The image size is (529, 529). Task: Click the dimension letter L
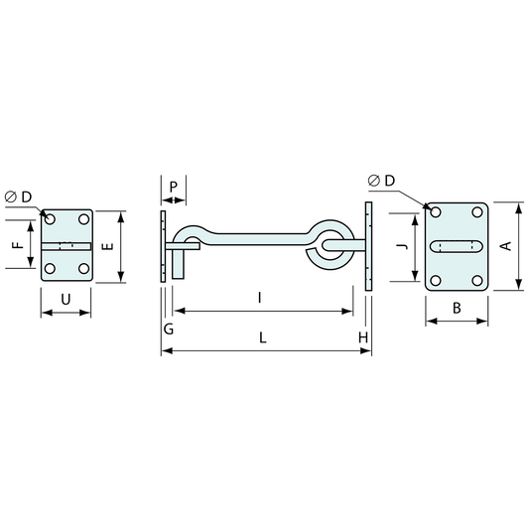(x=262, y=337)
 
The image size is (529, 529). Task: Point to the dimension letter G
(x=168, y=329)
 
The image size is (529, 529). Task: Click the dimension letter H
(x=364, y=337)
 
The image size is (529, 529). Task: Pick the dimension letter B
(x=457, y=309)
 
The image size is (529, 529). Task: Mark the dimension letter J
(x=398, y=247)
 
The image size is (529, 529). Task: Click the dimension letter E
(x=107, y=246)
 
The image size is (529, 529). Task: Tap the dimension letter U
(x=66, y=299)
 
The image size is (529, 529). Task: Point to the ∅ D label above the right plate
(x=380, y=180)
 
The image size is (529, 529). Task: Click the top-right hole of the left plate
(x=82, y=218)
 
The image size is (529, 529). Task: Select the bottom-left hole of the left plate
(x=51, y=268)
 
